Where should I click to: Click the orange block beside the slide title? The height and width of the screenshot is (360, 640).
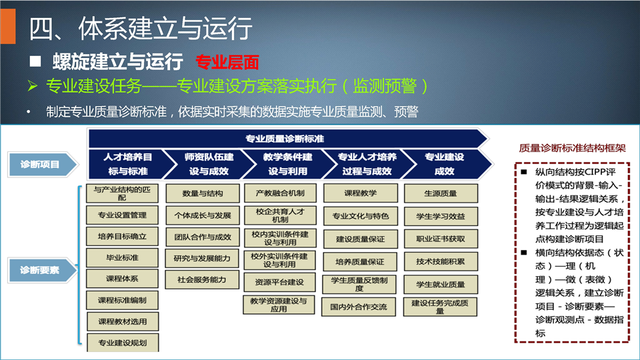coord(8,26)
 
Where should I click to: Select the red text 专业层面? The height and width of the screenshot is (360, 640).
coord(227,62)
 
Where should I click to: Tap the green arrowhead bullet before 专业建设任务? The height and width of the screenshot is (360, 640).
coord(33,86)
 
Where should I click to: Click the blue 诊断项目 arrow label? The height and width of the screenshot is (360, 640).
coord(43,165)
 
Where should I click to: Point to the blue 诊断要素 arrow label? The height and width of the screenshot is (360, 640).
coord(43,270)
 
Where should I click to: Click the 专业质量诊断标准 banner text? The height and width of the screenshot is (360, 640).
coord(285,139)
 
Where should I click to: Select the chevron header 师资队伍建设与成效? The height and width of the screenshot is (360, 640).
coord(209,164)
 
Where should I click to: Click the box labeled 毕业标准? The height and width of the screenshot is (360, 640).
coord(122,257)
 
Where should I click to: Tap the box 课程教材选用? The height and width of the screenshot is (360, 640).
coord(123,321)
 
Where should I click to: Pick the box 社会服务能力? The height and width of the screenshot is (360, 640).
coord(202,279)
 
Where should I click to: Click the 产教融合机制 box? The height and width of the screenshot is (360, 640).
coord(280,193)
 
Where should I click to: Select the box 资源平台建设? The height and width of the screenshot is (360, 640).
coord(279,282)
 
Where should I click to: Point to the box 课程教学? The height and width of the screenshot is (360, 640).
coord(361,193)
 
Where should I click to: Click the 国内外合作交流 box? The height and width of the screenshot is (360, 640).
coord(359,307)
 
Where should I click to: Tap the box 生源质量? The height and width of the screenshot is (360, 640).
coord(441,193)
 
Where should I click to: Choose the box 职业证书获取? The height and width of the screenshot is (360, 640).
coord(441,239)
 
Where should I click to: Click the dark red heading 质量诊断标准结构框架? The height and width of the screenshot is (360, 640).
coord(572,148)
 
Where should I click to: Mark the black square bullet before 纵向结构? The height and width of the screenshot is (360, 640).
coord(524,172)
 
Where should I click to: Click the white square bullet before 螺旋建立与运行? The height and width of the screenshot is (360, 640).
coord(35,61)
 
